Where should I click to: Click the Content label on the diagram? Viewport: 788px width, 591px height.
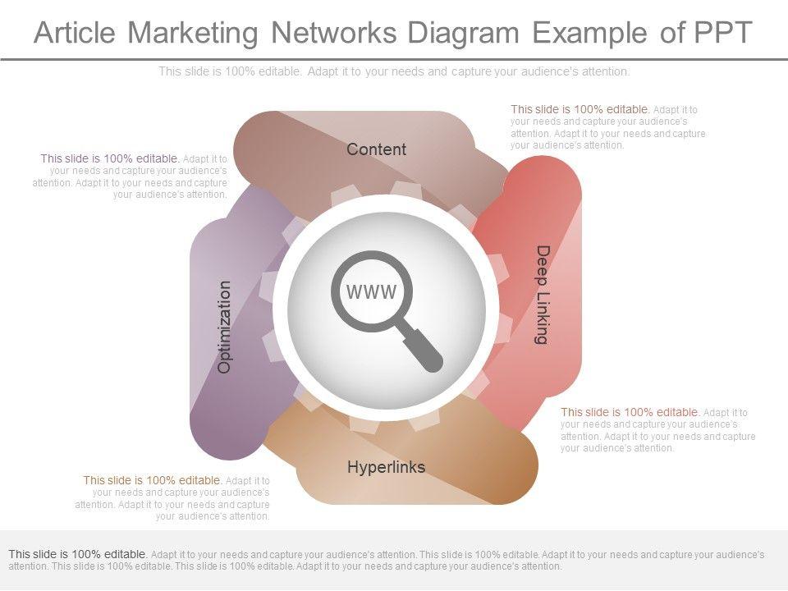[376, 149]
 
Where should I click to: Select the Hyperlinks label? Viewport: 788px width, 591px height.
[386, 467]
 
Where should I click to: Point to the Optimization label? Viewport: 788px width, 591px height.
[224, 327]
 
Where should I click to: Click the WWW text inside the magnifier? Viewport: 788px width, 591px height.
[372, 291]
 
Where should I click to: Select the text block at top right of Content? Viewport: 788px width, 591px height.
[607, 126]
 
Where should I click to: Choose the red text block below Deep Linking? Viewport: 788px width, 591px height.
[657, 430]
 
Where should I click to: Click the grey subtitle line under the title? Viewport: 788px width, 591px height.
[394, 71]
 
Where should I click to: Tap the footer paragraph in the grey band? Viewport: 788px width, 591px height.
[386, 560]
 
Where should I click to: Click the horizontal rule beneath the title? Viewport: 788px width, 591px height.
[394, 59]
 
